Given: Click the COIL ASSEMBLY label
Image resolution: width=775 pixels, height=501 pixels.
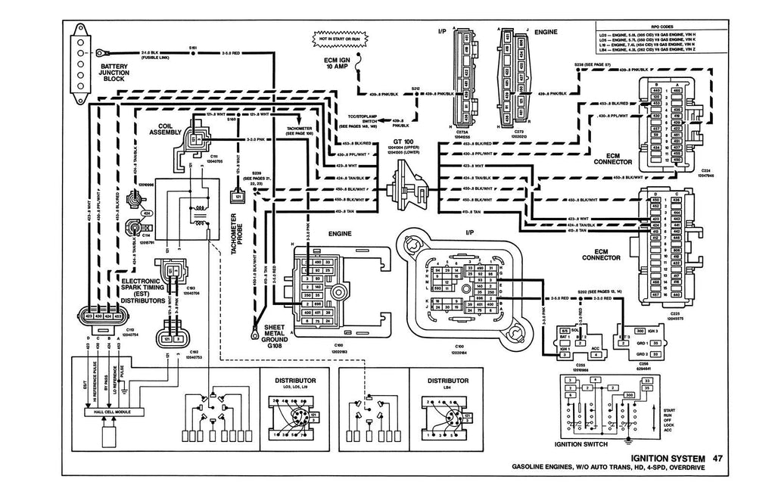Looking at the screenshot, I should [172, 130].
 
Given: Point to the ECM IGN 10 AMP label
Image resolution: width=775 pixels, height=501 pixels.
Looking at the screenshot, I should [339, 65].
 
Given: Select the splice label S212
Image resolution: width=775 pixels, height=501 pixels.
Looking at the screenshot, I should [416, 89].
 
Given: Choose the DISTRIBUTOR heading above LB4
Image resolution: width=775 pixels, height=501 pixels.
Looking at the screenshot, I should [449, 380].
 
